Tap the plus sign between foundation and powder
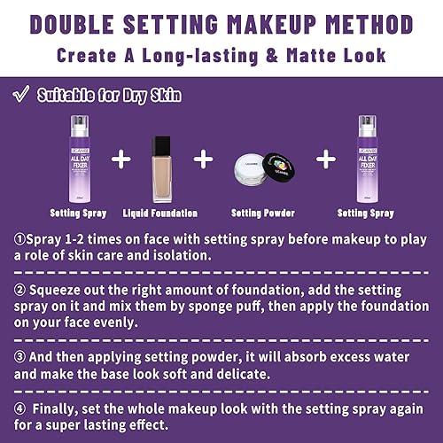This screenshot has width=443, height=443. [x=205, y=159]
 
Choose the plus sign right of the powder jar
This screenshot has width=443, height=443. [x=327, y=159]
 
